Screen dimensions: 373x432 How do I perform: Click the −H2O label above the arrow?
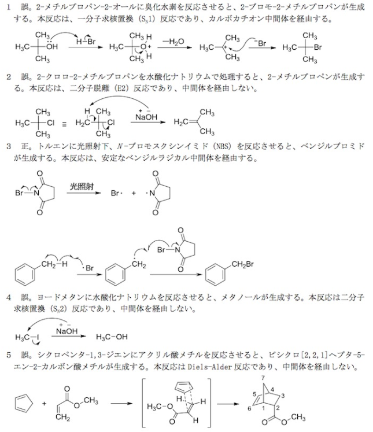[173, 42]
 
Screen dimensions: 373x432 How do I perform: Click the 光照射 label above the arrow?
[82, 187]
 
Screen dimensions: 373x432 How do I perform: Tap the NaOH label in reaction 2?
[146, 117]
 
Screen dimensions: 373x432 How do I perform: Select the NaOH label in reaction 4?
[67, 331]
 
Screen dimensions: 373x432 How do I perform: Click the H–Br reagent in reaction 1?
[86, 42]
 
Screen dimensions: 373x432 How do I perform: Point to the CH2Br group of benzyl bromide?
[242, 264]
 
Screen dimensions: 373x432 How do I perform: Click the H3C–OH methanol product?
[112, 337]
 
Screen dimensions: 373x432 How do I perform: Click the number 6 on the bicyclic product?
[249, 409]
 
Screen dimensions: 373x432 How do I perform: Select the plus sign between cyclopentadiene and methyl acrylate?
[44, 404]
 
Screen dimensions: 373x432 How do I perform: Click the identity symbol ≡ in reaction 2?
[64, 124]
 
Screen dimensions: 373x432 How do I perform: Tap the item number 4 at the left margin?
[9, 297]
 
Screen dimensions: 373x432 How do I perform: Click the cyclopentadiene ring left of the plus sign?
[23, 404]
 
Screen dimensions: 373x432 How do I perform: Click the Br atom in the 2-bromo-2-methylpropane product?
[317, 47]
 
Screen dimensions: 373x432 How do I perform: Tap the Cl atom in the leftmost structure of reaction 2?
[51, 123]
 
